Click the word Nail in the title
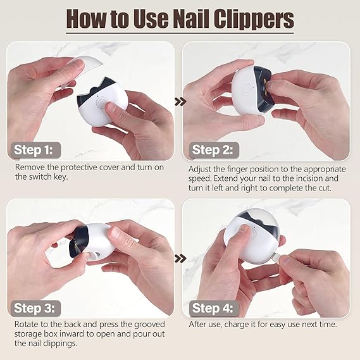189,19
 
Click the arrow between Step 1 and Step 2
180,101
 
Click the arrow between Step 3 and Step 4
180,258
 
